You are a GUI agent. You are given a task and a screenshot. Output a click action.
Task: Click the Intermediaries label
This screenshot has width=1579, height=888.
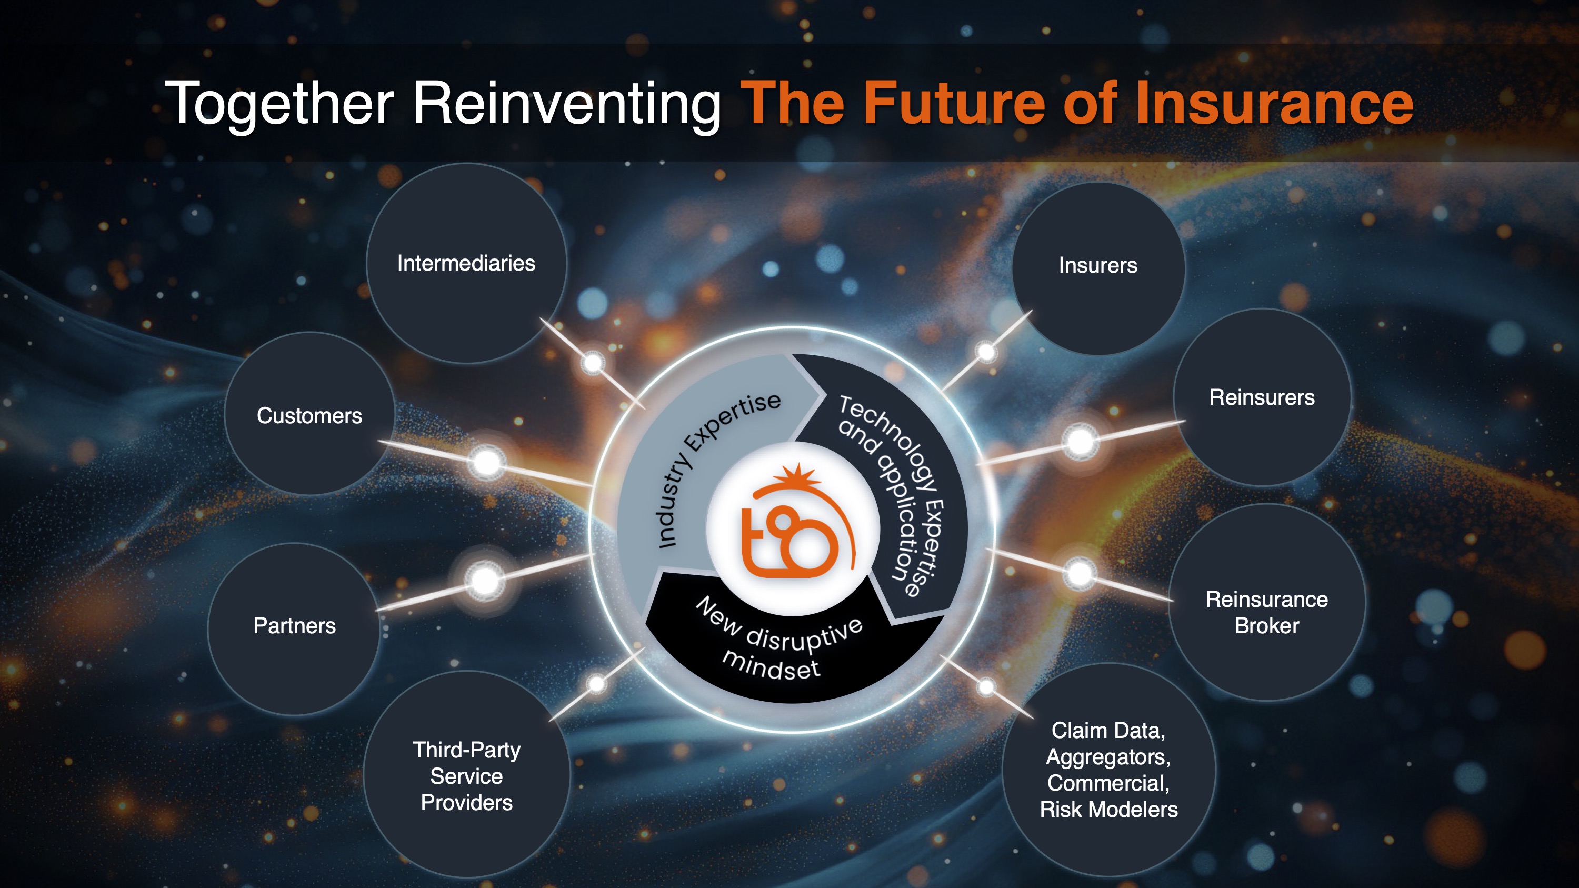pos(466,263)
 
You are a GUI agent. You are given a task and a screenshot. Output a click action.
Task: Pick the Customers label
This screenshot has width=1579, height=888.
pos(309,415)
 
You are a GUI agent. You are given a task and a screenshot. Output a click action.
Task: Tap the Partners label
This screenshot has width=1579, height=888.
pos(295,626)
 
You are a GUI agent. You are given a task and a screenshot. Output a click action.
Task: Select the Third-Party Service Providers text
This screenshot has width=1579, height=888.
pos(466,776)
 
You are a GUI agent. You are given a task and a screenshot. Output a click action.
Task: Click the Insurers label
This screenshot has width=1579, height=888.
pos(1098,265)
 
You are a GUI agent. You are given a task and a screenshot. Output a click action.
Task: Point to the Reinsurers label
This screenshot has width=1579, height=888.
pos(1262,397)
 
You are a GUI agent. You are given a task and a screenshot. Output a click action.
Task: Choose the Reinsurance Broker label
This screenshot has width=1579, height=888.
pos(1266,612)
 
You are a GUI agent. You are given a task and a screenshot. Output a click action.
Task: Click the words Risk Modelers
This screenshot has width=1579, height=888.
pos(1108,809)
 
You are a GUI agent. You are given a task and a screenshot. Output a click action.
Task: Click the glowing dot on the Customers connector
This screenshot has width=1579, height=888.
pos(487,462)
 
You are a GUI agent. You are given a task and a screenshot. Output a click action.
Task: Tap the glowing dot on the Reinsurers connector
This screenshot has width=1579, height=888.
pos(1080,441)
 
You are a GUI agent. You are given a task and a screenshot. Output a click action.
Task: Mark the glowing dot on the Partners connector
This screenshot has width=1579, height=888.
pos(485,580)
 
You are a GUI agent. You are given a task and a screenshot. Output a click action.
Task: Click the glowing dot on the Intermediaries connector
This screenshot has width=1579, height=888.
pos(593,363)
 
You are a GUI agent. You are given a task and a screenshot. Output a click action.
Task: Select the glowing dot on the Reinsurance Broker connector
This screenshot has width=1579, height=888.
pos(1080,574)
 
